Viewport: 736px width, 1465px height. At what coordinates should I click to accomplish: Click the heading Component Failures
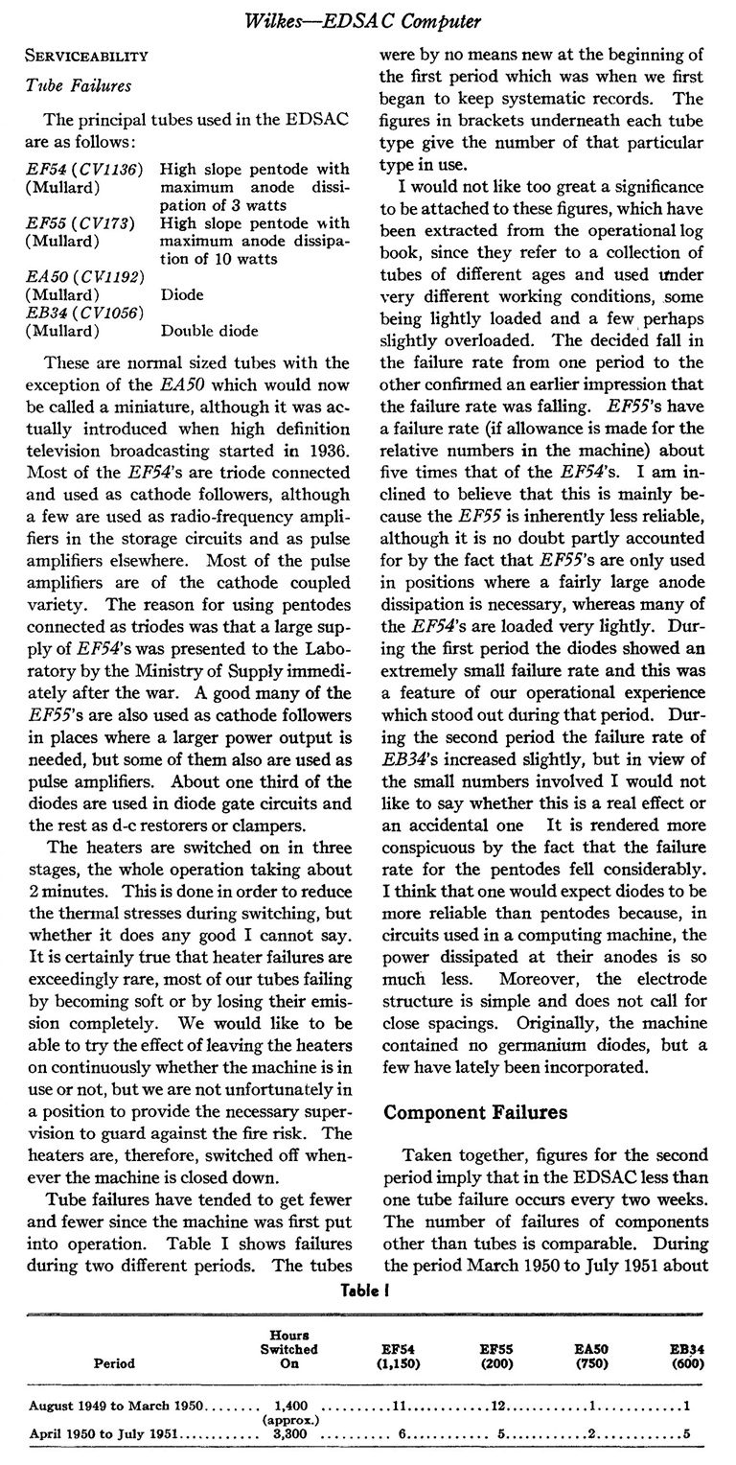tap(475, 1113)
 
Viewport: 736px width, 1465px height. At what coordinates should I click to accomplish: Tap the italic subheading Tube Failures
tap(79, 86)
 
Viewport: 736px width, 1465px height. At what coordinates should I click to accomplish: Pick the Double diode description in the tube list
tap(210, 331)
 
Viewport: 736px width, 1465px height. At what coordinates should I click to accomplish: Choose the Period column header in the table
tap(114, 1362)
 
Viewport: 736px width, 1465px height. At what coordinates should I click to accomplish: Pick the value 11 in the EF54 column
tap(401, 1405)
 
